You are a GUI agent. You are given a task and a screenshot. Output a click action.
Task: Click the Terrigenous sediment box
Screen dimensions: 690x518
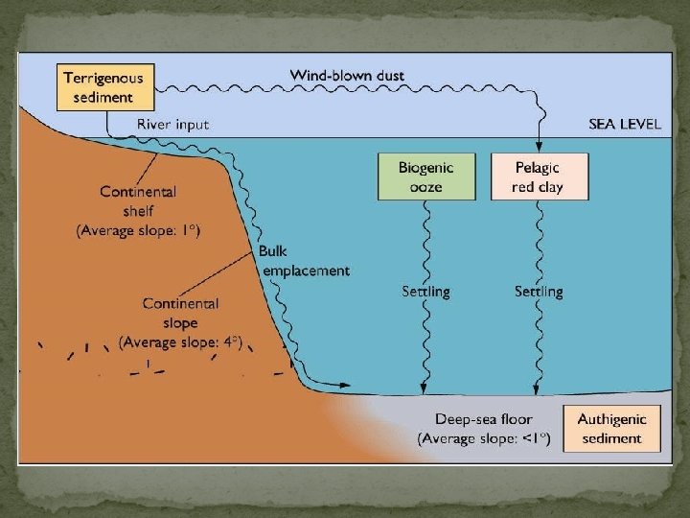point(106,87)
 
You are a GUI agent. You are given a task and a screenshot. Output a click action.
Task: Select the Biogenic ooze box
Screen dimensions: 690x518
point(427,177)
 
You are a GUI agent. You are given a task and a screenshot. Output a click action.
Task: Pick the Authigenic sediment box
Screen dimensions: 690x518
point(611,429)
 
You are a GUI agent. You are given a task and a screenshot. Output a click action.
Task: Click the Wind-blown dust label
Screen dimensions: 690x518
point(347,75)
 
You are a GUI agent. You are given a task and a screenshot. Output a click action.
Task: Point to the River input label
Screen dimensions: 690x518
point(172,125)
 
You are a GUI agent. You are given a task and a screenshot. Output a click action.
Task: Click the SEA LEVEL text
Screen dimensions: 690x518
point(625,126)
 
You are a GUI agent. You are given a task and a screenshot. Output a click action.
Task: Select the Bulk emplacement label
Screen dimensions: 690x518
point(305,261)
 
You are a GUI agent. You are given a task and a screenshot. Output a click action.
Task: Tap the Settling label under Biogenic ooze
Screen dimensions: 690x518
point(425,291)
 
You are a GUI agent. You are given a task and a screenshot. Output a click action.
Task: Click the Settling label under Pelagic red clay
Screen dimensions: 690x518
point(539,291)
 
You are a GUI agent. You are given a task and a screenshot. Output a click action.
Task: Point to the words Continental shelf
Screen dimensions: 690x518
point(138,201)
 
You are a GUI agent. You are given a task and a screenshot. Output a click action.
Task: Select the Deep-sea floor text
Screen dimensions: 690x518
point(483,419)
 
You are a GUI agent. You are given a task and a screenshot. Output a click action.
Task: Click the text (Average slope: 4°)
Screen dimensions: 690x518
point(180,341)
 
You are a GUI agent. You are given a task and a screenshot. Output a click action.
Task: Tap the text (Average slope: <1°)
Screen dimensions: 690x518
point(484,438)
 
